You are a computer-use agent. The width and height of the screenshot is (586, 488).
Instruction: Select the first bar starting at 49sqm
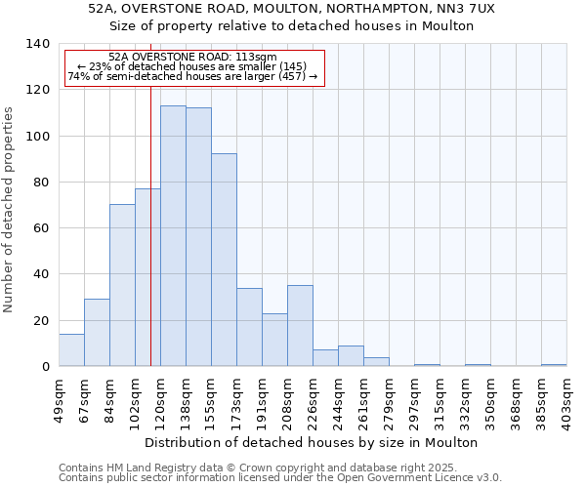coord(71,350)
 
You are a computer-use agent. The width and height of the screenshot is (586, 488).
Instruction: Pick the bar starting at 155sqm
coord(224,260)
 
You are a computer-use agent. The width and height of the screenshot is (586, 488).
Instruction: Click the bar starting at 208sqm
coord(300,326)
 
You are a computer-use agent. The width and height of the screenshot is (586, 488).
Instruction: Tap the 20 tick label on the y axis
coord(41,320)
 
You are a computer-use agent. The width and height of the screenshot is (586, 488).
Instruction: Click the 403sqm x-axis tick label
coord(567,401)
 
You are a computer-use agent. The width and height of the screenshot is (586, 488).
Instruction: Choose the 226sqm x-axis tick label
coord(314,401)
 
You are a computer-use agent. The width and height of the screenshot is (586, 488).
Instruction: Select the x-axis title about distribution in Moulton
coord(317,442)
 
